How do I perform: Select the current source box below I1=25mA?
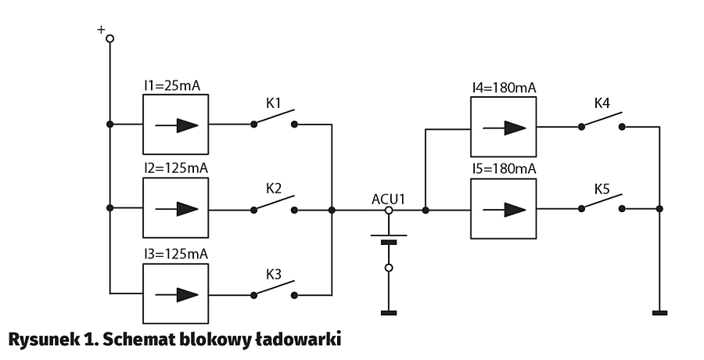click(176, 124)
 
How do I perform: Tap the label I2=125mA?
click(176, 168)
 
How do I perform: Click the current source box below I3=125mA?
click(176, 294)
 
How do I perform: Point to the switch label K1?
click(273, 103)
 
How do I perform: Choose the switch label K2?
click(273, 189)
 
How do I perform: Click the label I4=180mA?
click(504, 87)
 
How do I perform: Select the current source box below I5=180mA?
click(504, 210)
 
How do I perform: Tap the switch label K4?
click(602, 103)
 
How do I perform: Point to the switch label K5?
click(602, 189)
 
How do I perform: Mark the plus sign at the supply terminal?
click(100, 29)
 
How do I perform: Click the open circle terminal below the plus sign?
click(110, 38)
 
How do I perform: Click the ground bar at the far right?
click(659, 314)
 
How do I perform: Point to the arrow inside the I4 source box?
click(504, 125)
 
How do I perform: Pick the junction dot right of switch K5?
click(659, 209)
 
